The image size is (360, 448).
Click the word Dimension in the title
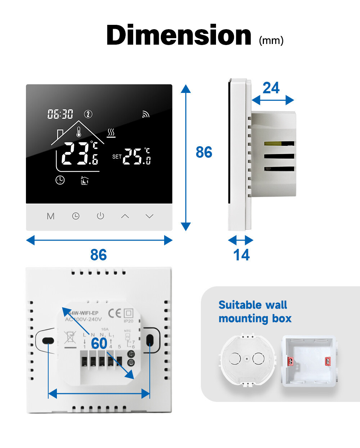point(179,35)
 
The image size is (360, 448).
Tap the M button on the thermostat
point(51,216)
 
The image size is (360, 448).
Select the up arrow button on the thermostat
point(125,216)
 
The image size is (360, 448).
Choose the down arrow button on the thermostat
point(149,216)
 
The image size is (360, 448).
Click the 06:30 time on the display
point(60,114)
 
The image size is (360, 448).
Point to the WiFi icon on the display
point(145,114)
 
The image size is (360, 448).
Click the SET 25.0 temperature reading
point(132,156)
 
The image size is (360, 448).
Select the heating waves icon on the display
point(111,133)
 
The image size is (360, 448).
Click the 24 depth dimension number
point(271,88)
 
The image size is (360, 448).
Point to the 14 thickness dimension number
point(241,255)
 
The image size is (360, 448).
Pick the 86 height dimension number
point(204,152)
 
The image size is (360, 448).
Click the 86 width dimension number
point(98,255)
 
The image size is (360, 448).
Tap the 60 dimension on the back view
point(99,343)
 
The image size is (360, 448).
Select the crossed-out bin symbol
point(70,338)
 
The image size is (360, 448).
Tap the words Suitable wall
point(253,305)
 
